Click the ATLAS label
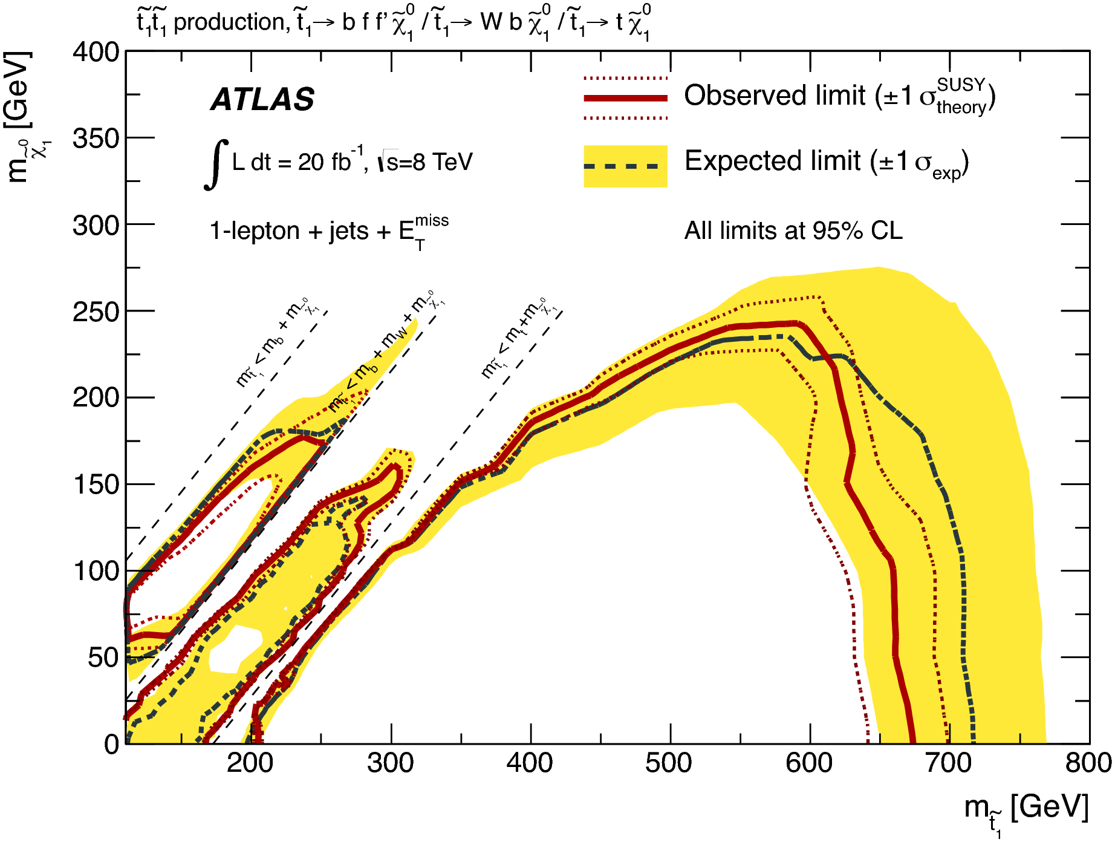click(262, 99)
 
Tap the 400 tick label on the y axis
click(96, 52)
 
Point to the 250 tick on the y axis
click(96, 312)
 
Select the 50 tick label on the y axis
click(103, 658)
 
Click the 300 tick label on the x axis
click(391, 763)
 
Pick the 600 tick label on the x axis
click(809, 763)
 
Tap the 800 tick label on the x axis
click(1088, 763)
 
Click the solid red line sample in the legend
click(625, 98)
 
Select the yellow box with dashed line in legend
click(625, 166)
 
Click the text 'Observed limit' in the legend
click(775, 96)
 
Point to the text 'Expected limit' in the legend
click(772, 162)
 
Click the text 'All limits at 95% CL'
click(793, 231)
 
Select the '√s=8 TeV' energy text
click(426, 162)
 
